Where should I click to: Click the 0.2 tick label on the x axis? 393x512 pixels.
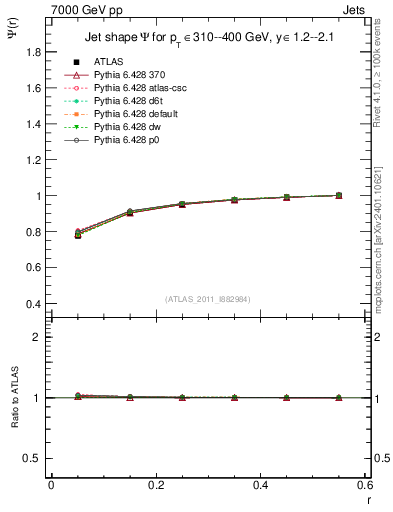155,485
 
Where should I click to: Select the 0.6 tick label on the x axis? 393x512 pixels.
365,485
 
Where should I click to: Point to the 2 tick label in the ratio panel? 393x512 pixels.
41,337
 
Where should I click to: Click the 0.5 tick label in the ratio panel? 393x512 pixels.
36,458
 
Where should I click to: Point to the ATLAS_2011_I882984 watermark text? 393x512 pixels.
208,300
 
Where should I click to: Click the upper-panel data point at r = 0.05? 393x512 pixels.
77,234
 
